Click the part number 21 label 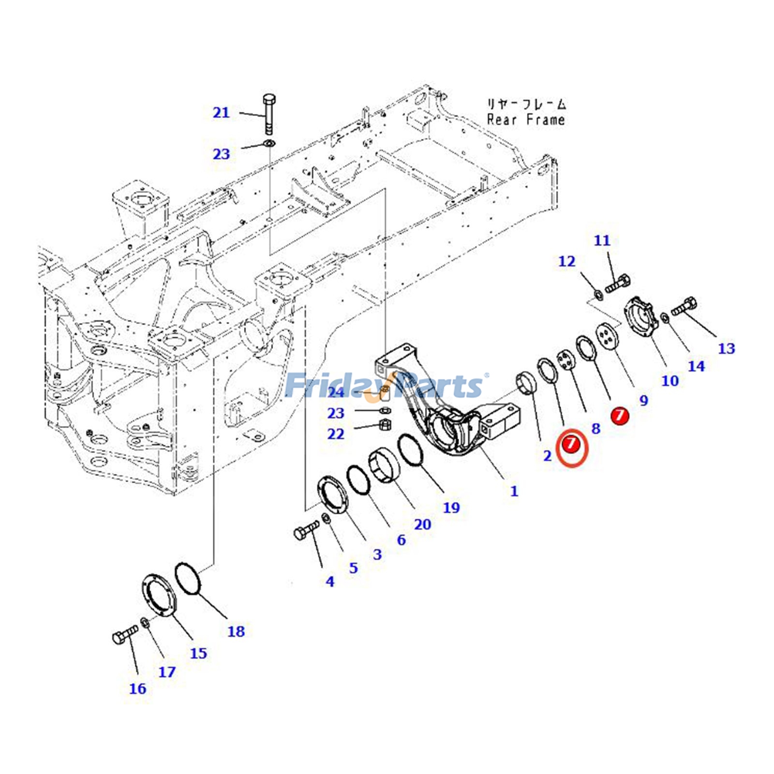point(221,113)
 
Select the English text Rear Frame point(525,120)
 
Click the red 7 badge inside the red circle point(571,443)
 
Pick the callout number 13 point(726,348)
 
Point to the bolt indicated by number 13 point(684,306)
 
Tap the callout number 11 point(602,240)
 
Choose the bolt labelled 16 point(125,634)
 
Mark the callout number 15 point(198,653)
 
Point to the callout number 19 point(451,507)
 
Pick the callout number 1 point(514,491)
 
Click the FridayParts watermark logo point(385,386)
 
